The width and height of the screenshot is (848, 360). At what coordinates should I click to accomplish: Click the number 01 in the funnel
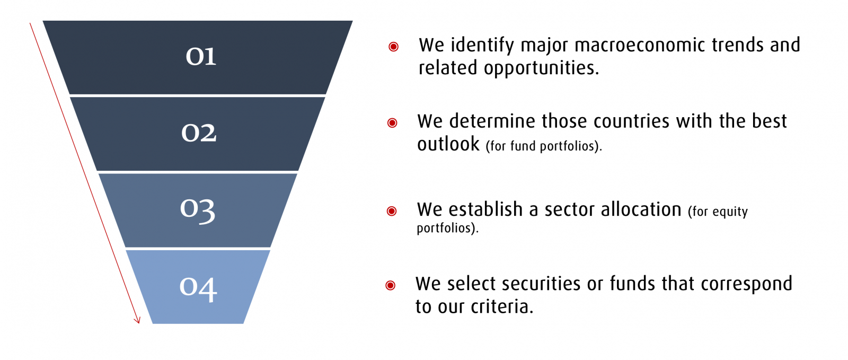pyautogui.click(x=201, y=57)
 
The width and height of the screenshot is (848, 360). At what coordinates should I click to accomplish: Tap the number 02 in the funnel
pyautogui.click(x=199, y=133)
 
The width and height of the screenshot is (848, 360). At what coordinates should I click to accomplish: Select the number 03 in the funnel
pyautogui.click(x=198, y=210)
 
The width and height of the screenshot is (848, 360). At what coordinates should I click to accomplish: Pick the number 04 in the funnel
pyautogui.click(x=198, y=288)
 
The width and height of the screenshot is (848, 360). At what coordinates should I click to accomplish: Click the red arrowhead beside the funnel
pyautogui.click(x=137, y=320)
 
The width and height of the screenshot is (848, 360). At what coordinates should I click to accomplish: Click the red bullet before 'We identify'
pyautogui.click(x=393, y=47)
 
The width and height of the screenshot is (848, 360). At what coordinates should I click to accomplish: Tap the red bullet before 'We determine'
pyautogui.click(x=392, y=122)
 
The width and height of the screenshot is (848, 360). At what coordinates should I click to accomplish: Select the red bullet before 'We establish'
pyautogui.click(x=392, y=211)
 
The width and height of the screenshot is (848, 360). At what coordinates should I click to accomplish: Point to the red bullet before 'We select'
pyautogui.click(x=390, y=285)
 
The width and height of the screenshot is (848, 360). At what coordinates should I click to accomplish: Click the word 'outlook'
pyautogui.click(x=448, y=144)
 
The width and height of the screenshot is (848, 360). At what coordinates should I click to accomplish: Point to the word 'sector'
pyautogui.click(x=570, y=209)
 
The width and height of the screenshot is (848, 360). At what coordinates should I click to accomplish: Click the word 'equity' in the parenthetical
pyautogui.click(x=730, y=212)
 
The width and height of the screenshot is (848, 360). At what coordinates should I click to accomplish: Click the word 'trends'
pyautogui.click(x=737, y=45)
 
